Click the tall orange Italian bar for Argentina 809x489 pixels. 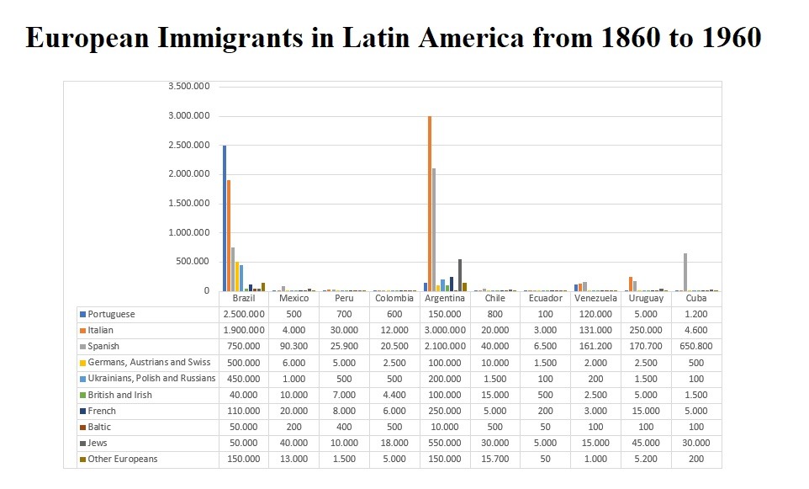[x=430, y=202]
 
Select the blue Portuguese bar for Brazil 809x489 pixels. [x=225, y=219]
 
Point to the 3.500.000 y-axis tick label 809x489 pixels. [x=189, y=87]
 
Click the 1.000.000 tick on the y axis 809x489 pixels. [x=189, y=232]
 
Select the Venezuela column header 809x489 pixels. [x=596, y=298]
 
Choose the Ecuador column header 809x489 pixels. [x=546, y=298]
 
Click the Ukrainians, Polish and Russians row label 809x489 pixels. [x=151, y=379]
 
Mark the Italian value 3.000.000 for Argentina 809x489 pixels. [x=445, y=330]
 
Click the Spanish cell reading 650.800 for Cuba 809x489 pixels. [x=696, y=346]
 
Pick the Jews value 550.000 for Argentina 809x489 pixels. [x=445, y=443]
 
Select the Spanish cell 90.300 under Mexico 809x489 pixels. [x=294, y=346]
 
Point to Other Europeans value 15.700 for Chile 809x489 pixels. [x=495, y=459]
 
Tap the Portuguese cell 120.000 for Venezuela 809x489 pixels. [x=596, y=314]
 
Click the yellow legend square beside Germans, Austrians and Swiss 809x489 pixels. [x=82, y=363]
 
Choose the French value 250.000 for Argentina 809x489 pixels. [x=445, y=411]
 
